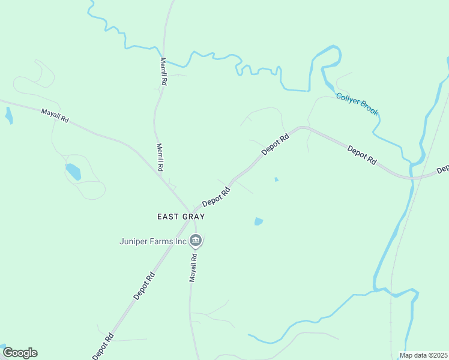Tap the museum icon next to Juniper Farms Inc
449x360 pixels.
pyautogui.click(x=195, y=241)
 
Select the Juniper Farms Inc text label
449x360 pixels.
pyautogui.click(x=152, y=242)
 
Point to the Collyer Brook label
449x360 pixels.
pyautogui.click(x=357, y=103)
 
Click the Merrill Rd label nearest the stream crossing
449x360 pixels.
pyautogui.click(x=163, y=71)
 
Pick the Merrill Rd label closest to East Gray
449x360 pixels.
pyautogui.click(x=160, y=157)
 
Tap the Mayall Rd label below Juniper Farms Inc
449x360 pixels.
pyautogui.click(x=194, y=267)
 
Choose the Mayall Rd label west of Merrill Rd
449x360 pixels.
pyautogui.click(x=55, y=116)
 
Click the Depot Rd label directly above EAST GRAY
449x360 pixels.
pyautogui.click(x=216, y=197)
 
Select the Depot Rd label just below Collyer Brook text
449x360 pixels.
pyautogui.click(x=362, y=155)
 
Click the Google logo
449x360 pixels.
pyautogui.click(x=20, y=353)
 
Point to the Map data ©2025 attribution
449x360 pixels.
pyautogui.click(x=424, y=355)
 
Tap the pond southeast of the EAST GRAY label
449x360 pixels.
pyautogui.click(x=259, y=221)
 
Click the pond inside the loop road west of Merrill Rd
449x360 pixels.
pyautogui.click(x=73, y=171)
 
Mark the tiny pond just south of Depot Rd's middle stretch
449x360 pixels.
pyautogui.click(x=276, y=179)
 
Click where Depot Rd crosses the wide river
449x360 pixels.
pyautogui.click(x=412, y=178)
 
